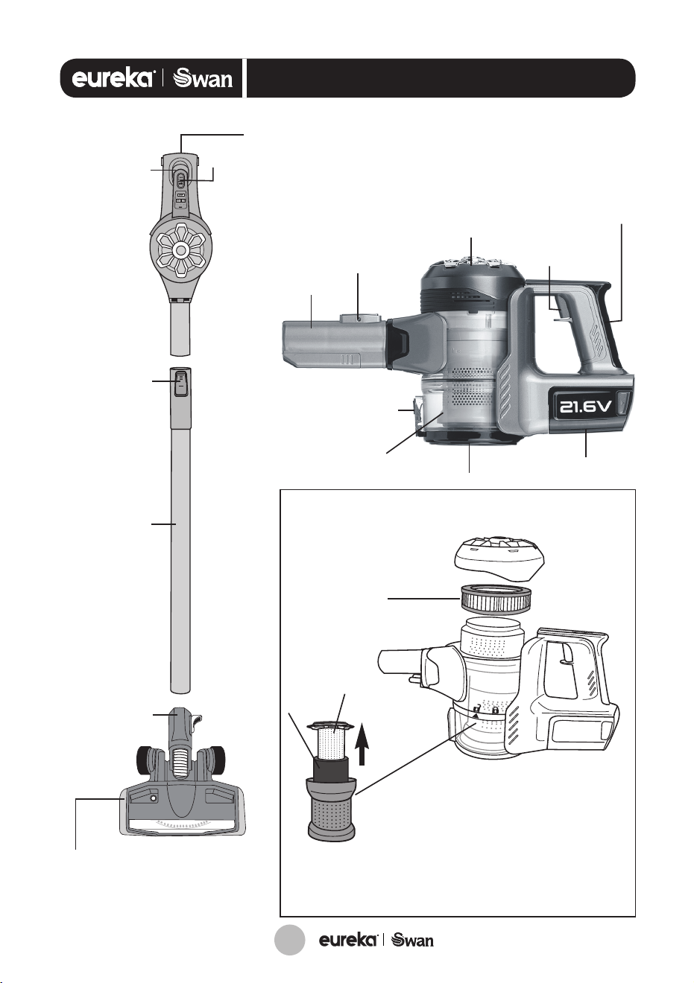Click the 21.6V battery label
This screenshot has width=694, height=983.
584,407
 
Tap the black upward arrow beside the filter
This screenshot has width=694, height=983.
362,738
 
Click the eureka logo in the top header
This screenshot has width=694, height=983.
113,79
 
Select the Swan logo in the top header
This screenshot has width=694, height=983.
203,79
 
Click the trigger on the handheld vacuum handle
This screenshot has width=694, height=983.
560,313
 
